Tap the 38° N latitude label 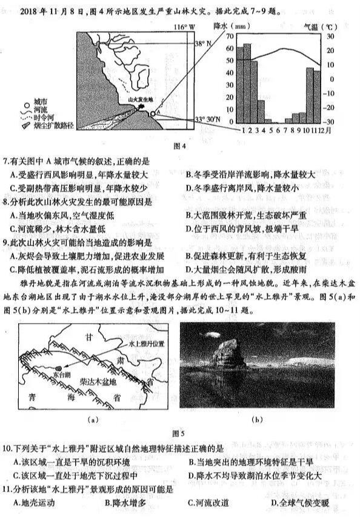point(203,44)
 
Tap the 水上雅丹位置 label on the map point(146,343)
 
